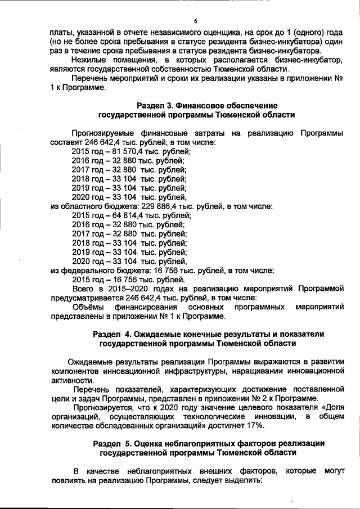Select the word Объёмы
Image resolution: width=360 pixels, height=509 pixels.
coord(88,307)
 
